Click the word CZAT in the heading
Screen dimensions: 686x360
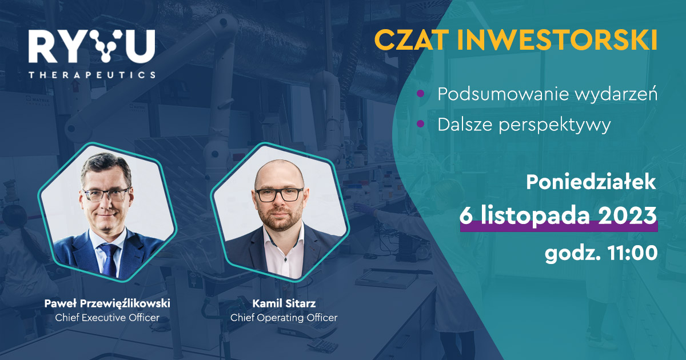click(x=410, y=40)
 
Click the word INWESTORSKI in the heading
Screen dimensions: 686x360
click(x=557, y=40)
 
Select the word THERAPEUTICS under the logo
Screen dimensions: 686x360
click(x=92, y=75)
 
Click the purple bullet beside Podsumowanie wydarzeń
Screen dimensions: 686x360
click(x=421, y=93)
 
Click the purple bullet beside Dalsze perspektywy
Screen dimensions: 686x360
click(x=421, y=123)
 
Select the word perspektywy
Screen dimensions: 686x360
click(x=555, y=126)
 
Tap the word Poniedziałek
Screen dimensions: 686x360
click(x=591, y=182)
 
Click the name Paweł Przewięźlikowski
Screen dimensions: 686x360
click(x=107, y=303)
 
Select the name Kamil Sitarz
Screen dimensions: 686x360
click(x=284, y=303)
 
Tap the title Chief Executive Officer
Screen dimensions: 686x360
click(x=107, y=318)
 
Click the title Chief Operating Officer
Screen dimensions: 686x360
click(x=284, y=318)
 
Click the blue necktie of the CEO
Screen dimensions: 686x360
click(x=110, y=260)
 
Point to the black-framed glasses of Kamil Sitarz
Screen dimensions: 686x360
click(x=280, y=195)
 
